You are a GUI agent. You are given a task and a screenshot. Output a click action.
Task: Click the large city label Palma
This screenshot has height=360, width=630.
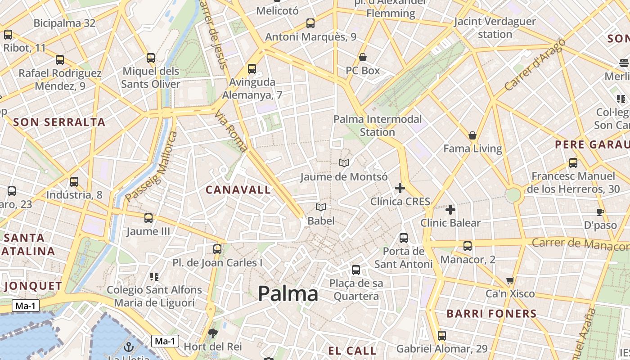tap(288, 294)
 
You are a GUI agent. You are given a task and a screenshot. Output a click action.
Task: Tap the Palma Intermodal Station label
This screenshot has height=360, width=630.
tap(378, 126)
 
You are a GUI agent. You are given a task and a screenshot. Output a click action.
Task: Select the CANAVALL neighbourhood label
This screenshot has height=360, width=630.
tap(238, 190)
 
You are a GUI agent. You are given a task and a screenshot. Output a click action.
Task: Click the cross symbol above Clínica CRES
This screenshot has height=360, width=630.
tap(400, 188)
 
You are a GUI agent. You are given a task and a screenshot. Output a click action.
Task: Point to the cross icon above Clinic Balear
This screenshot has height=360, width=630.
tap(450, 210)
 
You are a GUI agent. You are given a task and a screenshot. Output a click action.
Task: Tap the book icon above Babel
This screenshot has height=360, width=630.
tap(321, 207)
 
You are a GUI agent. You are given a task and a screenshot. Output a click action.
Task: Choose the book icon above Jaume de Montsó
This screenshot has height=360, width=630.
tap(344, 163)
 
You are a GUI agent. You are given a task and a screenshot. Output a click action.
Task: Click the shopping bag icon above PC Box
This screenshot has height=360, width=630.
tap(363, 58)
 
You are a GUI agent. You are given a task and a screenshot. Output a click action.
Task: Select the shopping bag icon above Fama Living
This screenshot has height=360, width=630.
tap(472, 135)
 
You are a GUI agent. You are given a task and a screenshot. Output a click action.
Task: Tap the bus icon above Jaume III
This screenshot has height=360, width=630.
tap(148, 218)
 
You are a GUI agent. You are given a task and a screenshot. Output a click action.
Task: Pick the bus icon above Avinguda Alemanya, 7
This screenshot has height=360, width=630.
tap(252, 69)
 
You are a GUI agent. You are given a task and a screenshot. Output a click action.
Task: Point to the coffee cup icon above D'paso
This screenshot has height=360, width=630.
tap(600, 212)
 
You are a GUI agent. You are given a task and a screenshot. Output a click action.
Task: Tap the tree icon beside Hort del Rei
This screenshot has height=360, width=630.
tap(213, 333)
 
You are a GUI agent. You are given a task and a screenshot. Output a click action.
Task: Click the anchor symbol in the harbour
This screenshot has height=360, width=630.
tap(129, 347)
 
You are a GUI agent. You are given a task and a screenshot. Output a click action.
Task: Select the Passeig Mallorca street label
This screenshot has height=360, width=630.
tap(152, 167)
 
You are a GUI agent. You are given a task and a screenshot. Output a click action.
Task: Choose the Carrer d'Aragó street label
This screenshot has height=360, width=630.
tap(535, 64)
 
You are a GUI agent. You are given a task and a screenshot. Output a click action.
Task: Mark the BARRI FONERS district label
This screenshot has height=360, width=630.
tap(491, 314)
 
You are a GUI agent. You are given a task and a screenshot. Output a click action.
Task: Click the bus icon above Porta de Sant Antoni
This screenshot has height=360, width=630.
tap(404, 238)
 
